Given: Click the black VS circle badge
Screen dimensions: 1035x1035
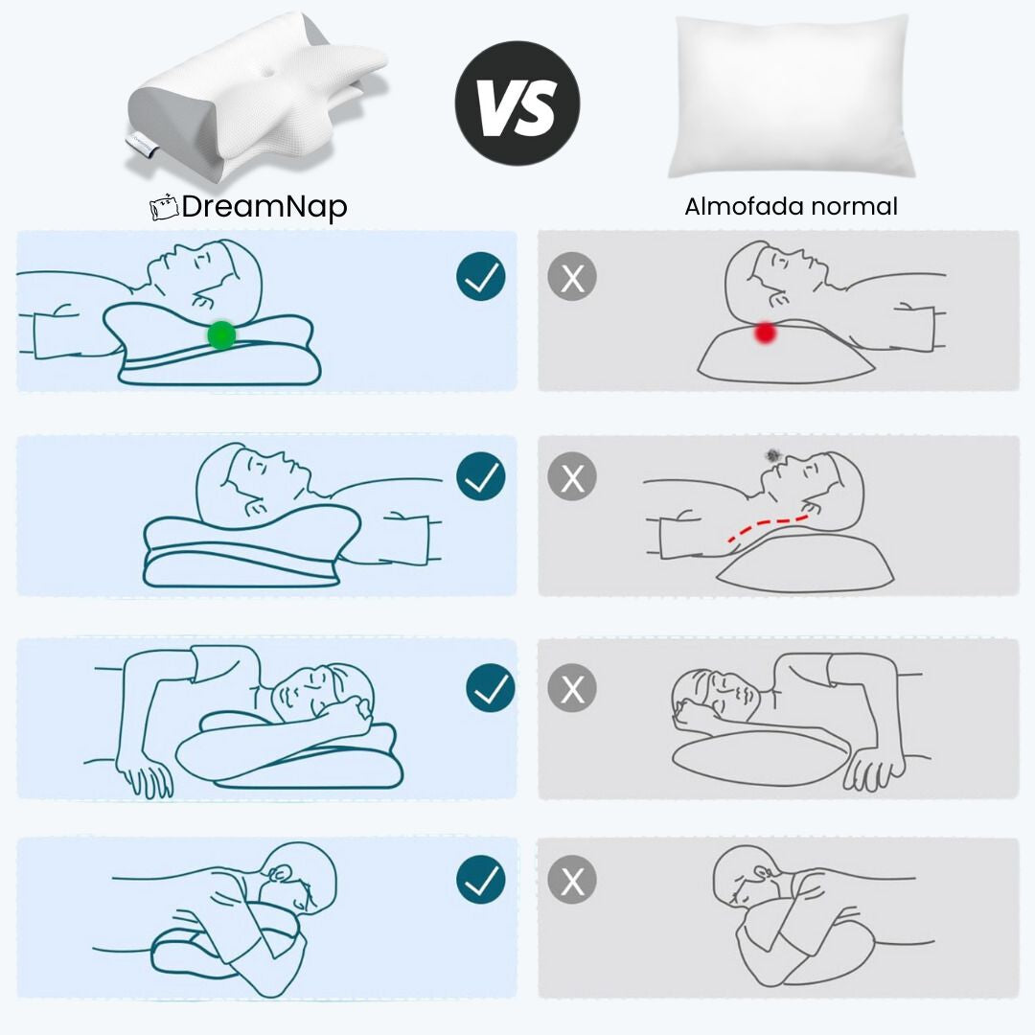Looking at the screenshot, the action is (x=517, y=103).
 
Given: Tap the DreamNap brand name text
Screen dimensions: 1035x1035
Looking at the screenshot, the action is (x=264, y=207).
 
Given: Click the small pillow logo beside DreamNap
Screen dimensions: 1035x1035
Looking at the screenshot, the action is (x=165, y=207).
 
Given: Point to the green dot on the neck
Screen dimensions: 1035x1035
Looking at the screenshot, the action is (x=221, y=334).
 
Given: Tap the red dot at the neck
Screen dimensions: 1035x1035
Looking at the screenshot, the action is (x=765, y=332).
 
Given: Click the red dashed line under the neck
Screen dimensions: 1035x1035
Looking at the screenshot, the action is (x=767, y=527).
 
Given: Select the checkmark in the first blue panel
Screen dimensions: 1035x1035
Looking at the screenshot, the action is (x=480, y=277).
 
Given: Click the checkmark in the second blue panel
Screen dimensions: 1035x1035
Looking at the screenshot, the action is (x=480, y=476).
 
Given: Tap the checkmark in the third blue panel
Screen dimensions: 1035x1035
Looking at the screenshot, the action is (x=491, y=688).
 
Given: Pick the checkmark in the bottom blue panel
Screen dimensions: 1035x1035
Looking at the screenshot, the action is (x=480, y=880).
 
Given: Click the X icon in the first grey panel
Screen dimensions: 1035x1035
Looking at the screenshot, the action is (x=572, y=277).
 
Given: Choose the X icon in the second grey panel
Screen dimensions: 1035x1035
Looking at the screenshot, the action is (x=572, y=476).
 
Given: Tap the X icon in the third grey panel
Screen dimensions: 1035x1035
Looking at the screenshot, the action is (x=572, y=688).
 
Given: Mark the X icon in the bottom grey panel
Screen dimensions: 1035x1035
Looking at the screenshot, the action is (x=572, y=880).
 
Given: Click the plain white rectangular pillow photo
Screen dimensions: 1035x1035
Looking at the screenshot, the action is (x=791, y=97).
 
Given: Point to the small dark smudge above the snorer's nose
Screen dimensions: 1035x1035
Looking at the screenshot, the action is (x=773, y=454).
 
